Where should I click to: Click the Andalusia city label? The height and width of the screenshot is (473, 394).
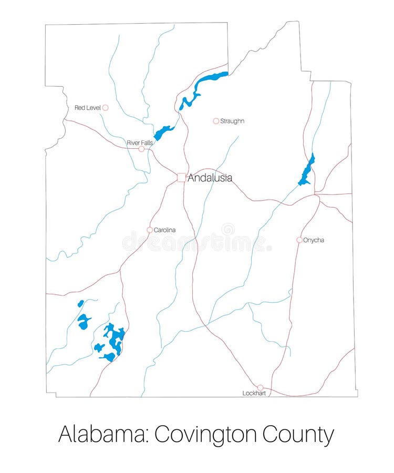[x=210, y=178]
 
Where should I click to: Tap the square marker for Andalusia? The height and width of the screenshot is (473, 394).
[x=181, y=178]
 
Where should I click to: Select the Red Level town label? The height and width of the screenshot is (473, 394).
[x=87, y=108]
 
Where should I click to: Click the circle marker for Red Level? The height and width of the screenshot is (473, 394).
[x=105, y=108]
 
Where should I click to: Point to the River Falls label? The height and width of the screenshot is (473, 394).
[x=140, y=142]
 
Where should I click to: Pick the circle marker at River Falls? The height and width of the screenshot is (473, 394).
[x=141, y=149]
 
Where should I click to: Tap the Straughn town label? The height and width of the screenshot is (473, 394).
[x=232, y=121]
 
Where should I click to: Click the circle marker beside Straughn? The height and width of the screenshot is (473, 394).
[x=216, y=121]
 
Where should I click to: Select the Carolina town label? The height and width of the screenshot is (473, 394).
[x=165, y=230]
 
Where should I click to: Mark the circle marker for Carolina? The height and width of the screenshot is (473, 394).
[x=150, y=230]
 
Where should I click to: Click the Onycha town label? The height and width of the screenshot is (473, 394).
[x=314, y=240]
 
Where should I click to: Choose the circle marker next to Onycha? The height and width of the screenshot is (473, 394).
[x=299, y=240]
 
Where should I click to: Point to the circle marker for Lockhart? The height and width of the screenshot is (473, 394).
[x=260, y=387]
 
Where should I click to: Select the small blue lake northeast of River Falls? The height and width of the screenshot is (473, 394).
[x=163, y=131]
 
